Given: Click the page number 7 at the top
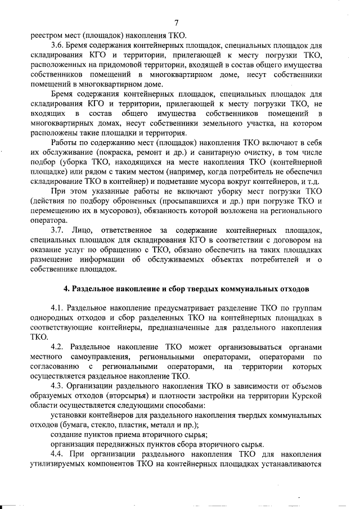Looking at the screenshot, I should (x=176, y=23).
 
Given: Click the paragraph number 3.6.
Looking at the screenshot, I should (x=57, y=44).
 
